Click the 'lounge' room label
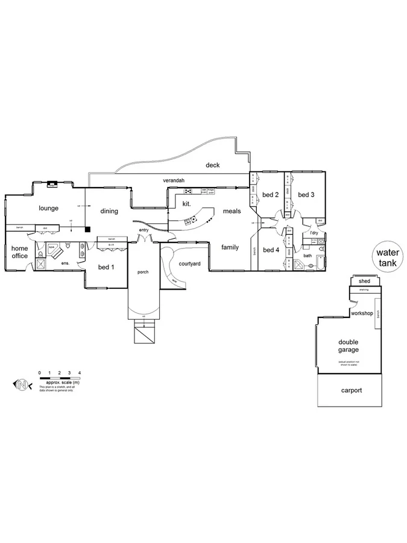[48, 208]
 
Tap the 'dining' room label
[109, 211]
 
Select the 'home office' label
[19, 252]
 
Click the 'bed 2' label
[270, 194]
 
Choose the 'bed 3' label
[306, 194]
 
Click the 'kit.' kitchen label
[187, 204]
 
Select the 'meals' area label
[232, 211]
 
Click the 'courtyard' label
[189, 264]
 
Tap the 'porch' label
[143, 272]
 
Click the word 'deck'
[212, 165]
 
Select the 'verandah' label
[173, 180]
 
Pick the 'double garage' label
[348, 346]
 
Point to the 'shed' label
[364, 281]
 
